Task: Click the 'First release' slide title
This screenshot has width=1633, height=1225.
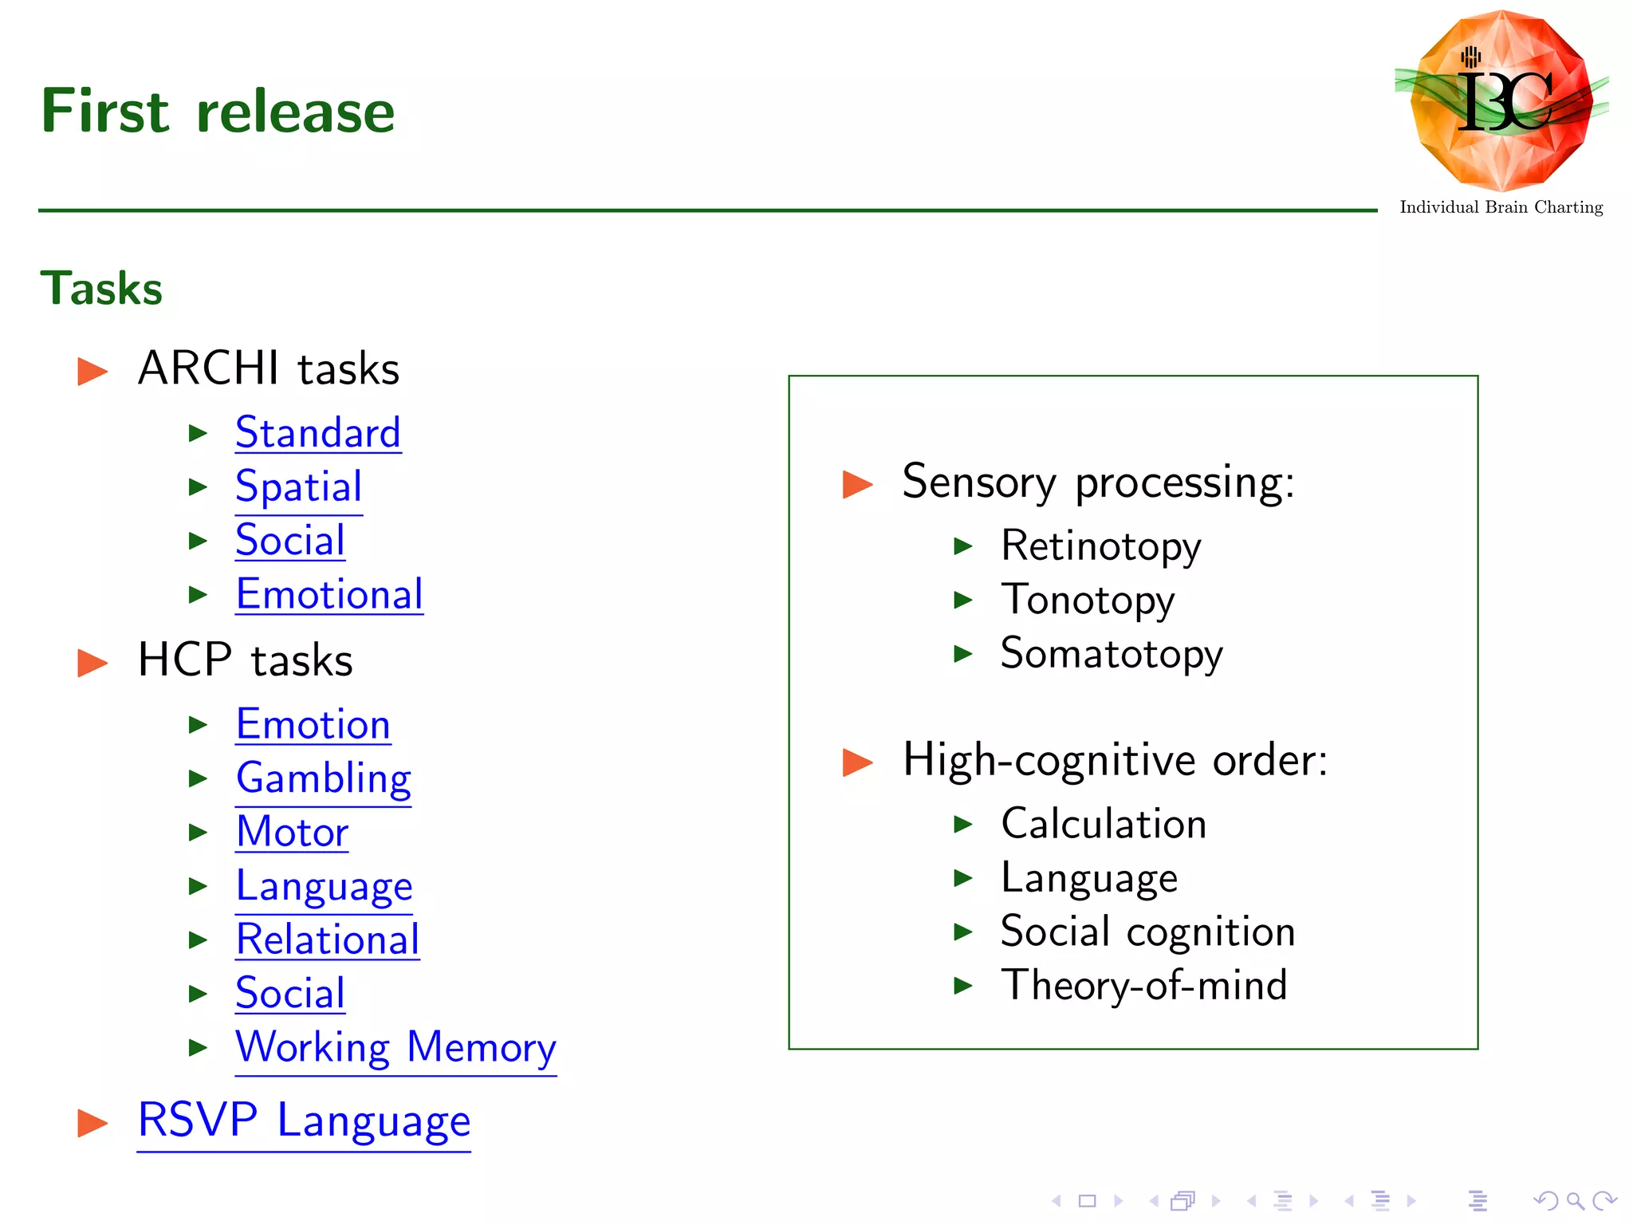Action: (218, 111)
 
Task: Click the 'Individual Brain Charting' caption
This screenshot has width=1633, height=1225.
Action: (1501, 207)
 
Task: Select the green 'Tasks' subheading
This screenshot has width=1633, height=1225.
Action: (101, 288)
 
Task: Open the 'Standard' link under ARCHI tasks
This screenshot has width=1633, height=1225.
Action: (318, 433)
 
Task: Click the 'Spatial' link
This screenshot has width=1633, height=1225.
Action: (299, 486)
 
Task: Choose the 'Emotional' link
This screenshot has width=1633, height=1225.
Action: (329, 594)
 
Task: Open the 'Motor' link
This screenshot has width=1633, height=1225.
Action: (293, 832)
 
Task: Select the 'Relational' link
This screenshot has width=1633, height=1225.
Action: (328, 939)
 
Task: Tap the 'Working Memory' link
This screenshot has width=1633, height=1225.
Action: (395, 1047)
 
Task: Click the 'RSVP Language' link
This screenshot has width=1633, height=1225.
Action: (304, 1121)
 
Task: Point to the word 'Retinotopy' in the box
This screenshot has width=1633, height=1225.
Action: (1100, 546)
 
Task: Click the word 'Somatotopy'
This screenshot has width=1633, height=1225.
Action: (1112, 654)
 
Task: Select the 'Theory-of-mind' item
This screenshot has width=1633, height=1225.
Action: (1144, 985)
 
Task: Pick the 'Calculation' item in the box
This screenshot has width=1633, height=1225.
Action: (1104, 824)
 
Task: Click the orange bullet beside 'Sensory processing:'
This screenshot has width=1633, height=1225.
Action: (857, 484)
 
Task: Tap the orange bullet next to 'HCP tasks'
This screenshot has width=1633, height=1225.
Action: (92, 663)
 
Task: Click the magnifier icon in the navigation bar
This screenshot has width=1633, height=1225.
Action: (1575, 1201)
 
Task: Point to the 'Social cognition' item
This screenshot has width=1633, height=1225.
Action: (1147, 932)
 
